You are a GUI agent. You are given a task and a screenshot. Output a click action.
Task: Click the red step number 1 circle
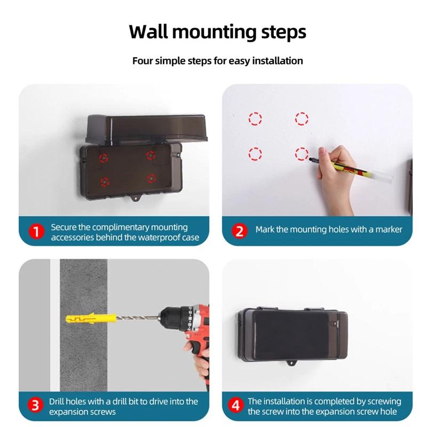point(36,232)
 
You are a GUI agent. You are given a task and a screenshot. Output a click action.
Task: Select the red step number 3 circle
point(36,405)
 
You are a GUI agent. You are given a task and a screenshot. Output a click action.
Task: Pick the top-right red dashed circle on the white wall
point(302,118)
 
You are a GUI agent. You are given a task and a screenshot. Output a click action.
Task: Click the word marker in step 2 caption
point(389,230)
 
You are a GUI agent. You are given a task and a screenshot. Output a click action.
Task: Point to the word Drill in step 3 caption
point(59,401)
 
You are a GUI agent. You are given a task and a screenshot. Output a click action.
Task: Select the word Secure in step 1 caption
point(64,227)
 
